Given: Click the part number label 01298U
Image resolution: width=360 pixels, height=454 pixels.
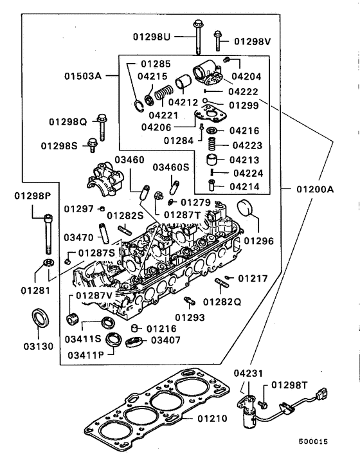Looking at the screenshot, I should coord(152,37).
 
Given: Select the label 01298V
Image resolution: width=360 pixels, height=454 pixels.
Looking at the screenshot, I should coord(253,41).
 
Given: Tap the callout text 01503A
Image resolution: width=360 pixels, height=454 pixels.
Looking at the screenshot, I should coord(84,76).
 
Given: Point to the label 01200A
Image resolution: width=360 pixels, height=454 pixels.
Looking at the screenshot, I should coord(315,190).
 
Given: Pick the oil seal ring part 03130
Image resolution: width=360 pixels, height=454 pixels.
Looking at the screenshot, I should coord(43,318).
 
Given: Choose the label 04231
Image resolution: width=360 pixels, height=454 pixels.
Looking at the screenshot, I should coord(248,372).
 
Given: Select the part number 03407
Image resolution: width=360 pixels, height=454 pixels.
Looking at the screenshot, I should coord(166,340).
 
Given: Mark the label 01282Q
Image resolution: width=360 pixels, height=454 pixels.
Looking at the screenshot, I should coord(223,301).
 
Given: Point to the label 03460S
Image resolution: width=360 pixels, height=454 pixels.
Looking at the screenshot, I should coord(170,167).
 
